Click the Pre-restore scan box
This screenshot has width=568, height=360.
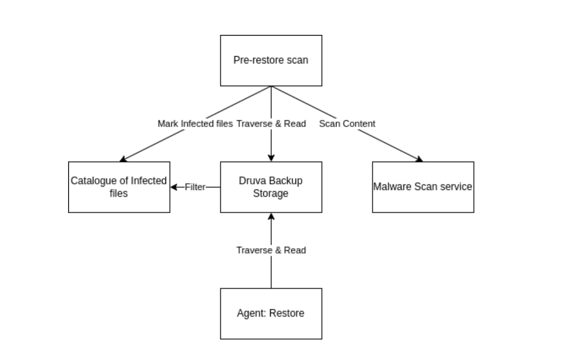click(271, 60)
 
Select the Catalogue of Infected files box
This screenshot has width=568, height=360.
click(119, 187)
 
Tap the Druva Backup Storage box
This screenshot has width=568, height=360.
click(271, 187)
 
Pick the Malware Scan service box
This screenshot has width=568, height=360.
click(423, 187)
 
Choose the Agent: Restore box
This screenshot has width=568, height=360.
click(271, 313)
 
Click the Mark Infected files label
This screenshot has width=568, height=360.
click(195, 124)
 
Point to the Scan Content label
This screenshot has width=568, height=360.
click(347, 124)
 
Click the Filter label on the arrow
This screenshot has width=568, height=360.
click(195, 187)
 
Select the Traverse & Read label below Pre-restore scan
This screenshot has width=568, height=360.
click(271, 124)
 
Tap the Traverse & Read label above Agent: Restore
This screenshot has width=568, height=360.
click(271, 250)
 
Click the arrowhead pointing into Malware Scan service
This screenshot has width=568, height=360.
click(419, 160)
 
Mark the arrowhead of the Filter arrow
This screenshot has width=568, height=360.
click(174, 187)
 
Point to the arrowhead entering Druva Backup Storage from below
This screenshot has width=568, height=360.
click(271, 216)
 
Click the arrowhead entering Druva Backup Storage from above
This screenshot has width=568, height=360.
click(271, 158)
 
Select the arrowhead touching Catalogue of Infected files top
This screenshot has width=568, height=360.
click(123, 160)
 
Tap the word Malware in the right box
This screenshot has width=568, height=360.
click(392, 187)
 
